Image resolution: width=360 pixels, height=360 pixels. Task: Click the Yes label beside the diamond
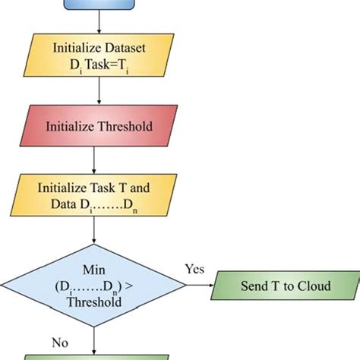point(194,269)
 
